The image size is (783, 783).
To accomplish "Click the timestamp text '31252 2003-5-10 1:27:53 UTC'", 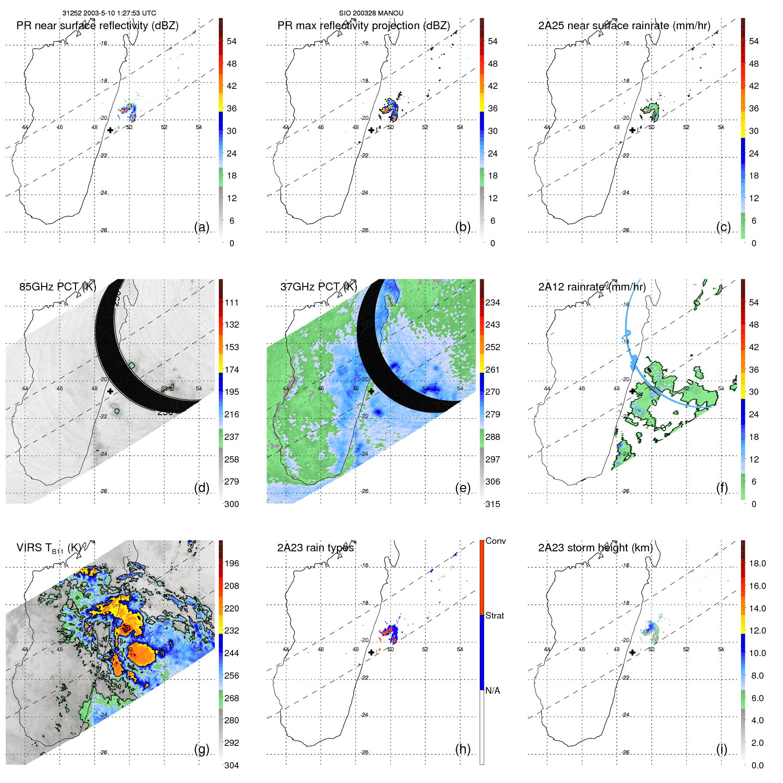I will (109, 13).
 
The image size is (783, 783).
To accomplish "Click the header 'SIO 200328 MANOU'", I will (371, 13).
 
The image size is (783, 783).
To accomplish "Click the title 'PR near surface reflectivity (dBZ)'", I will (97, 26).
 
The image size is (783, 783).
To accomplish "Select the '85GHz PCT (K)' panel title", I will (57, 287).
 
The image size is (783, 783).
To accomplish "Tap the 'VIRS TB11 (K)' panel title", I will (49, 548).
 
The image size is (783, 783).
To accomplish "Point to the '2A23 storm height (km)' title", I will (596, 548).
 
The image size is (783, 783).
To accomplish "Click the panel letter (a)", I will (202, 227).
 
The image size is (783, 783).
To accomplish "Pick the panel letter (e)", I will (463, 488).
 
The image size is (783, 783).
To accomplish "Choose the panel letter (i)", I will (722, 749).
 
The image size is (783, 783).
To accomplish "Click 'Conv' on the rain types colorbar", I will (496, 541).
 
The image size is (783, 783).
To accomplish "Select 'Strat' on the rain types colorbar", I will (495, 616).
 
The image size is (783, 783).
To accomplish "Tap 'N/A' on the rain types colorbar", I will (493, 691).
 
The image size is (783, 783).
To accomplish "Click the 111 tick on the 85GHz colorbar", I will (232, 303).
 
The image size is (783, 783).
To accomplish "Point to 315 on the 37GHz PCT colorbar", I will (493, 504).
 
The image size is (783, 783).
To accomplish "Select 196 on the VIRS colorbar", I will (232, 564).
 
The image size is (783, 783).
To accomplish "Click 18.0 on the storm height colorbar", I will (757, 564).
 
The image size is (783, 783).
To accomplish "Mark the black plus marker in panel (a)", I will (110, 130).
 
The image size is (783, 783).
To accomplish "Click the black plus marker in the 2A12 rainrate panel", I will (632, 391).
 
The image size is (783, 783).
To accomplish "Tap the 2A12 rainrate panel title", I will (592, 287).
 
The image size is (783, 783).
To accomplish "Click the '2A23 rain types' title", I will (316, 548).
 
